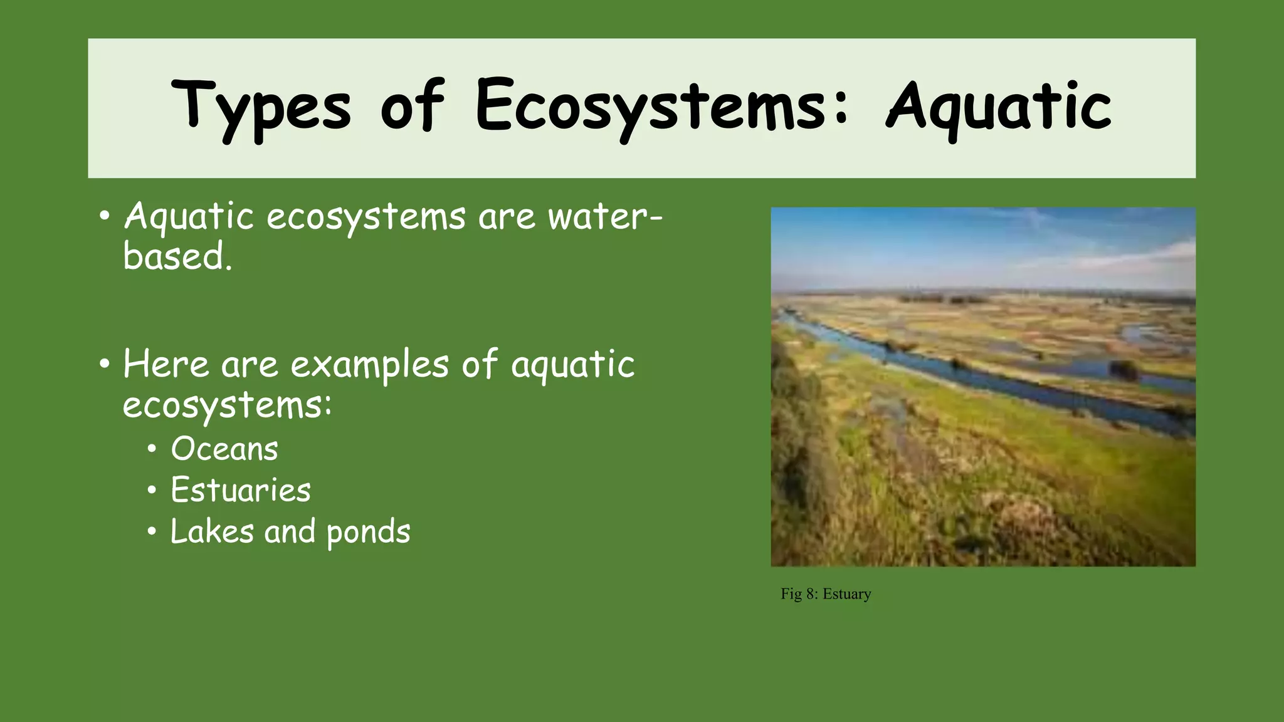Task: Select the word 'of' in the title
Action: [x=412, y=107]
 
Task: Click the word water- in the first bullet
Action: [x=604, y=217]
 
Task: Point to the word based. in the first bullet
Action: [x=177, y=257]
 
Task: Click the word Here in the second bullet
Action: [x=166, y=364]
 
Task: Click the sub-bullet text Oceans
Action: [x=224, y=449]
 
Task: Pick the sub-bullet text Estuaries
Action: [x=240, y=490]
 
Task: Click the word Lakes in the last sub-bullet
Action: [x=212, y=531]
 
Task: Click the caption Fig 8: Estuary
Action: [x=825, y=594]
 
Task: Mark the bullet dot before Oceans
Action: [x=152, y=450]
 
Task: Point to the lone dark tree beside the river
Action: [x=1123, y=371]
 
